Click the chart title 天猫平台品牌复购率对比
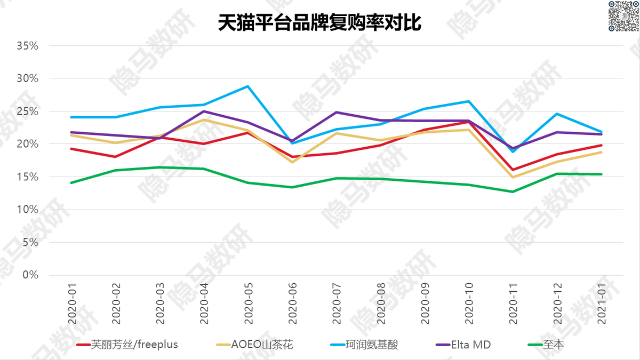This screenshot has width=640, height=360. [x=319, y=22]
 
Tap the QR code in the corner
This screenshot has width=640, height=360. [x=624, y=16]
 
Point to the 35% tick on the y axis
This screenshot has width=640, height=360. [x=27, y=46]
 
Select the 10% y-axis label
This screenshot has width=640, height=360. [x=27, y=210]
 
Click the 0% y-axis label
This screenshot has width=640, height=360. [x=30, y=275]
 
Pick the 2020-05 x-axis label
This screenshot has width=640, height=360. [x=249, y=303]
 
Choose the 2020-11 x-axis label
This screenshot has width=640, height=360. [x=513, y=303]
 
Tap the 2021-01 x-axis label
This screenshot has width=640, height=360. [x=602, y=303]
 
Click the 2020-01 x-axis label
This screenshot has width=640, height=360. [x=72, y=303]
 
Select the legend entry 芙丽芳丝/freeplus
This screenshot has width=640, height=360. [x=127, y=345]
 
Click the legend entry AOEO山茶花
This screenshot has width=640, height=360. [x=254, y=345]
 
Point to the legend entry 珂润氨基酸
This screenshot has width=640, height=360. [x=364, y=345]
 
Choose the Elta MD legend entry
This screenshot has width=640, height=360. [x=463, y=345]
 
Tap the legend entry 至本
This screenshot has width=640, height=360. [x=546, y=345]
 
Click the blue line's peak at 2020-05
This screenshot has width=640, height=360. [x=248, y=86]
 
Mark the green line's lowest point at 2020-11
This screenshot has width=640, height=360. [x=513, y=191]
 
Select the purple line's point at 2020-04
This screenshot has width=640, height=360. [x=204, y=111]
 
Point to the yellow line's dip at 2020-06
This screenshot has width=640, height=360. [x=292, y=162]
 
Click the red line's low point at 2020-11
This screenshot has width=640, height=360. [x=513, y=170]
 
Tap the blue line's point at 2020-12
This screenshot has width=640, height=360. [x=557, y=114]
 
